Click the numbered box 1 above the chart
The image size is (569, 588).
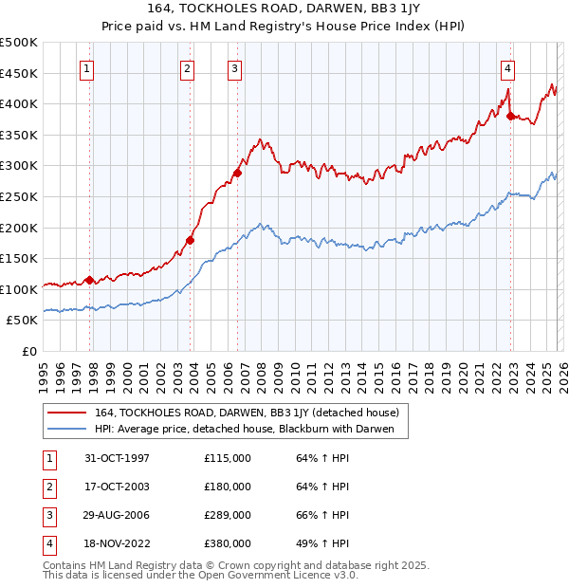click(x=87, y=67)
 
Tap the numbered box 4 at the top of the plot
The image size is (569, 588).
click(x=508, y=67)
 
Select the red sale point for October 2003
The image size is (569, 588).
click(x=190, y=240)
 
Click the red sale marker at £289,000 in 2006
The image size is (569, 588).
click(x=238, y=173)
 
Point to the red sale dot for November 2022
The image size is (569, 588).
click(x=510, y=117)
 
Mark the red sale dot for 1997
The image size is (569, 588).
click(x=90, y=280)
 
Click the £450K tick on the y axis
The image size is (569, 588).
click(x=19, y=73)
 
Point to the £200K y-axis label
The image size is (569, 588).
click(x=19, y=228)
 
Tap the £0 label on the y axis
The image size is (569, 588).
click(x=29, y=351)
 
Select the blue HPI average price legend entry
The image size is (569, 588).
click(x=250, y=430)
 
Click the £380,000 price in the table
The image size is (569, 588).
click(x=228, y=543)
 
